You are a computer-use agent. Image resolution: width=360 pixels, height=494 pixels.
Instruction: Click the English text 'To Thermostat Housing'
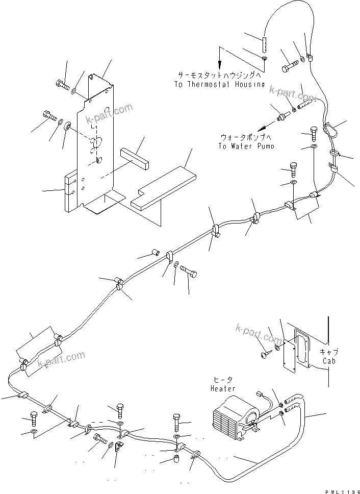click(x=221, y=84)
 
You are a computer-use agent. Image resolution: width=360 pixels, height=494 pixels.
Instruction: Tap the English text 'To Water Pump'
click(x=246, y=146)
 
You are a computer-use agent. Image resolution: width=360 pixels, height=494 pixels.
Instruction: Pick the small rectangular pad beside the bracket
click(x=136, y=159)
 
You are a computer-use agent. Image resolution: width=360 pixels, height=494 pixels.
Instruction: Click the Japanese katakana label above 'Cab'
click(x=329, y=352)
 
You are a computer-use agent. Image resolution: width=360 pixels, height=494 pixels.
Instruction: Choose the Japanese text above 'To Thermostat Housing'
click(x=221, y=75)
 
